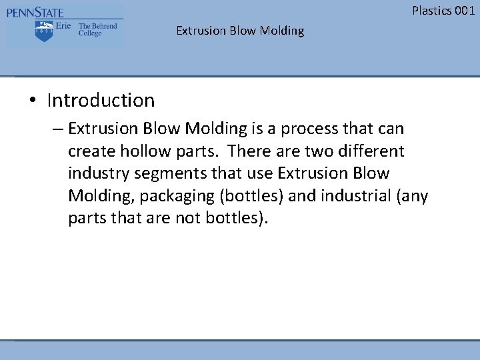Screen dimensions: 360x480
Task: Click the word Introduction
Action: [x=101, y=101]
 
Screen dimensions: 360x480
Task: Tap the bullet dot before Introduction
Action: [x=33, y=101]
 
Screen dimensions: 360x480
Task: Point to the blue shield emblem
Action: [x=44, y=31]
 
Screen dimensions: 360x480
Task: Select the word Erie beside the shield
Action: [x=64, y=27]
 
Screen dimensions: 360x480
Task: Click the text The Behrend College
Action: [x=97, y=30]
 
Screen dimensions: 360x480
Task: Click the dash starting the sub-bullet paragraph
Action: [x=58, y=128]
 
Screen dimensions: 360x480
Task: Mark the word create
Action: [x=90, y=151]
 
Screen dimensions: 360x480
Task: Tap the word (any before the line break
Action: [x=414, y=197]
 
